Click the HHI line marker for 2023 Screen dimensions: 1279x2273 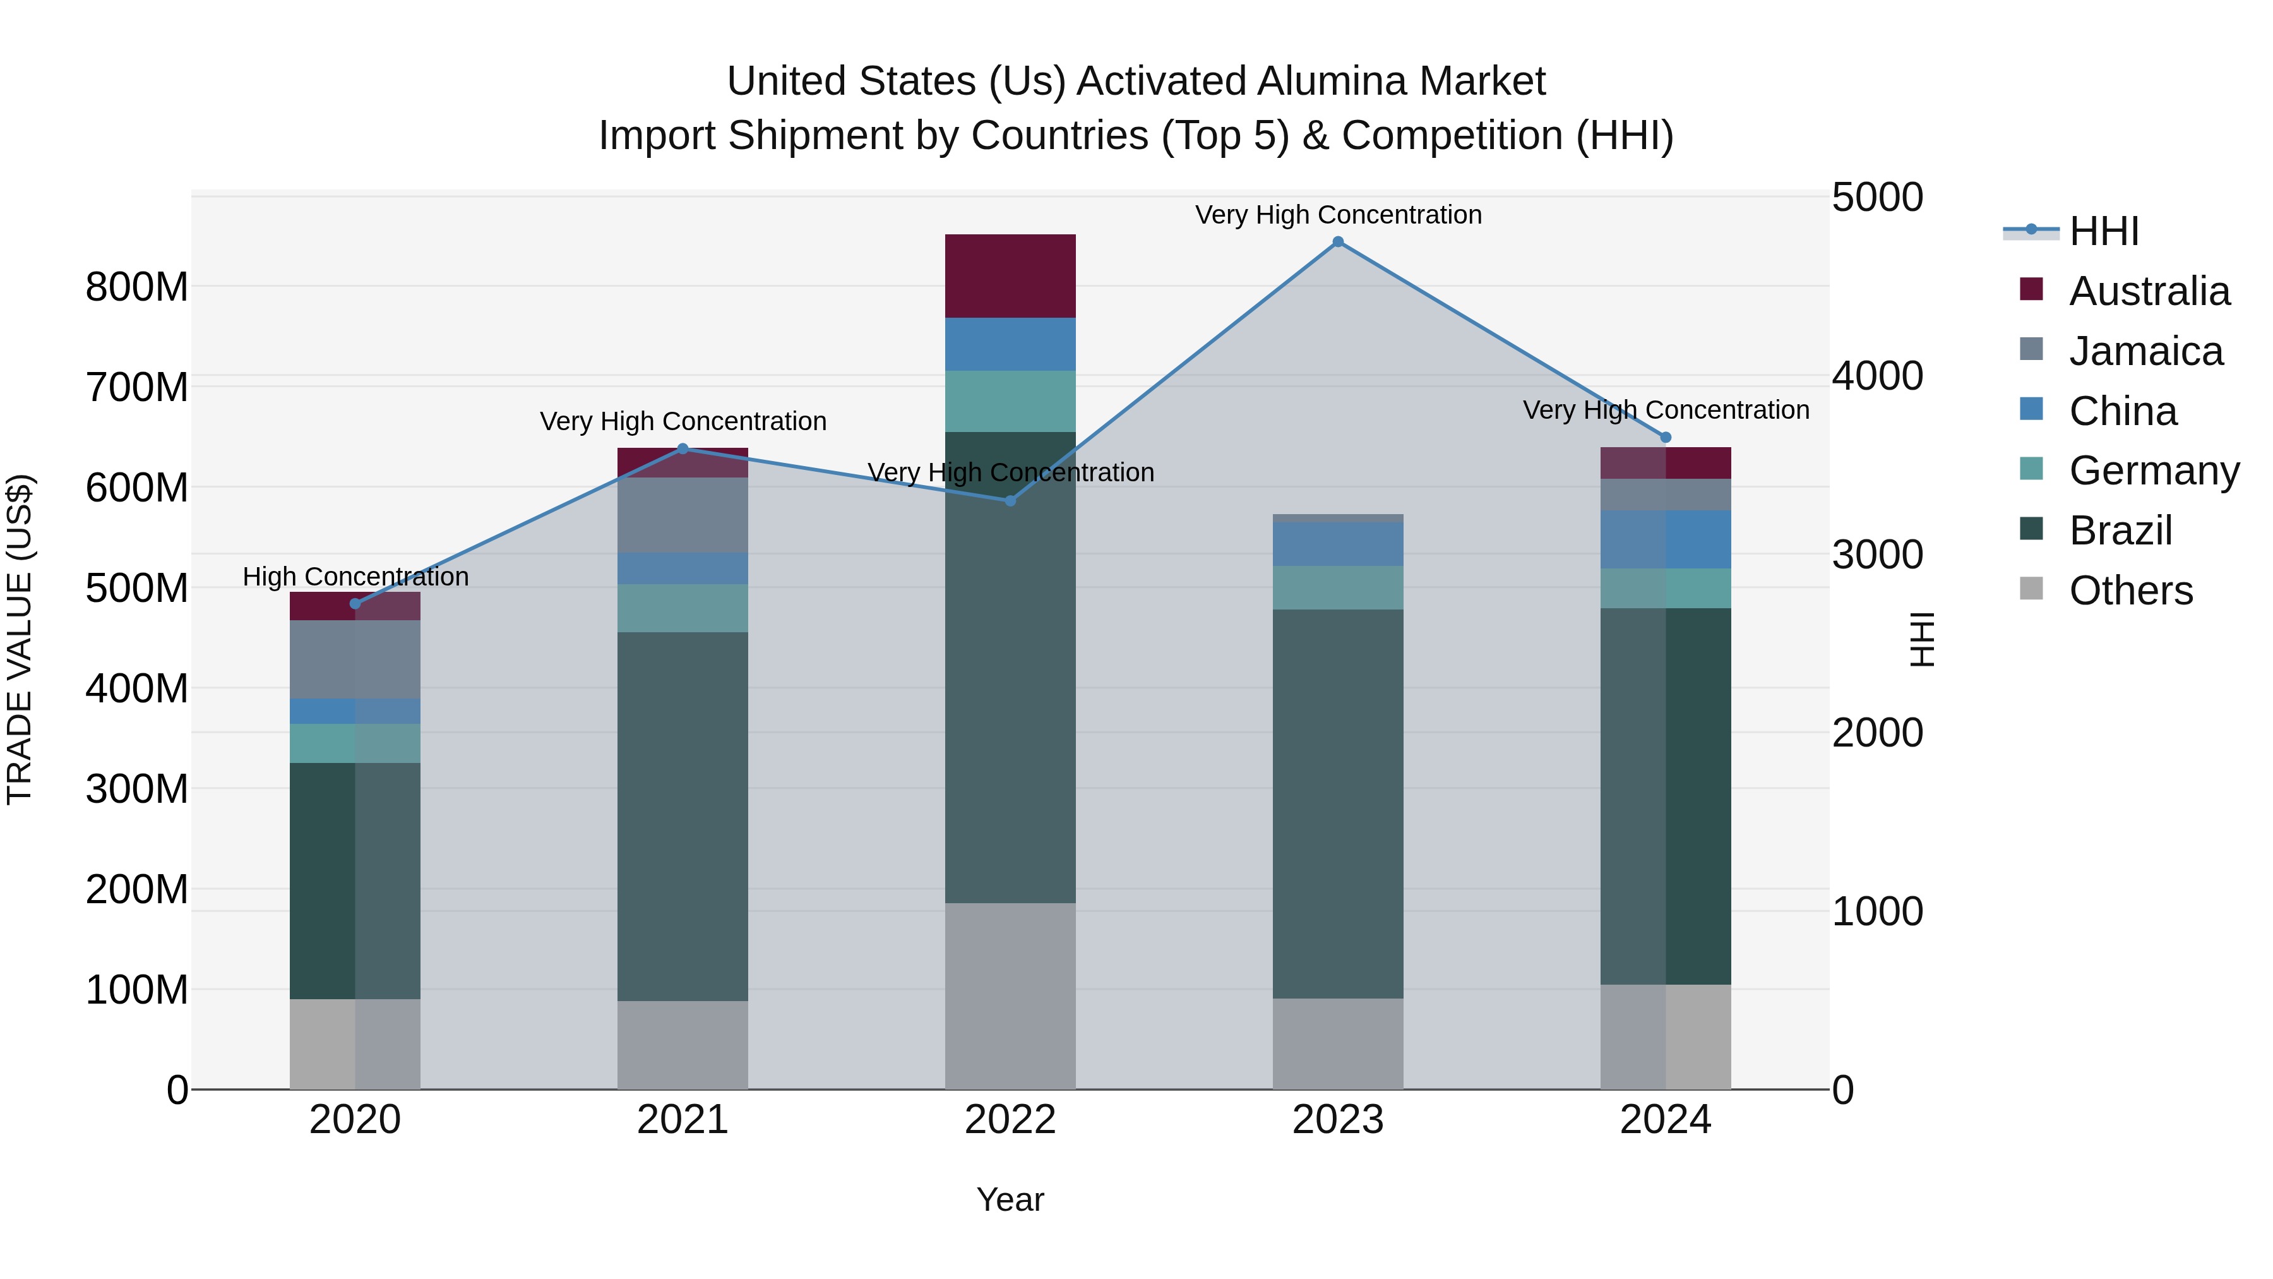pos(1338,242)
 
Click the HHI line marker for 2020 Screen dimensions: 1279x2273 pos(355,604)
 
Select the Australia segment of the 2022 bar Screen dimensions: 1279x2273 pos(1010,275)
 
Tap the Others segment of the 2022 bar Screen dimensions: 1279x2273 pos(1010,995)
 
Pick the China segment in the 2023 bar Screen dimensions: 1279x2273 pos(1338,544)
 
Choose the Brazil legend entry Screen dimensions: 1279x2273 pos(2120,531)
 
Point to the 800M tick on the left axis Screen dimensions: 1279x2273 pos(137,287)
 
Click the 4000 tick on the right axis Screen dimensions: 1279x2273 pos(1877,376)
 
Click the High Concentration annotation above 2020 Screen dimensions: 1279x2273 pos(355,577)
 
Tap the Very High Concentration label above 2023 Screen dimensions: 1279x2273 pos(1338,215)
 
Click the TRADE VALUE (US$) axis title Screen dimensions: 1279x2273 pos(20,639)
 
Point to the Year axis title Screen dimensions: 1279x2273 pos(1010,1199)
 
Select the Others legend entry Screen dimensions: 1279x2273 pos(2130,591)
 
